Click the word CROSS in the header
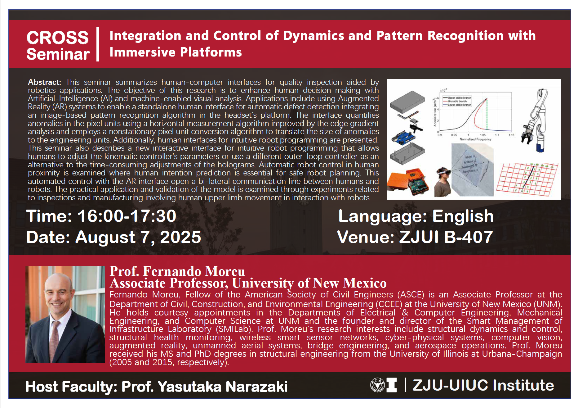[x=58, y=38]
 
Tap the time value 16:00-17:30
[x=127, y=216]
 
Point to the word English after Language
[x=463, y=216]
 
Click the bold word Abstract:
[x=44, y=82]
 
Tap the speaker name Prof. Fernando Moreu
[x=177, y=271]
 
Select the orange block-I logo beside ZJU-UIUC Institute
[x=391, y=385]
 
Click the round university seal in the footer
[x=377, y=385]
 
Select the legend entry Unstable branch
[x=457, y=101]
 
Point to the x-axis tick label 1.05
[x=482, y=135]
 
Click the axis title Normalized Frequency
[x=475, y=139]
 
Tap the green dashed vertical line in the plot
[x=487, y=114]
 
